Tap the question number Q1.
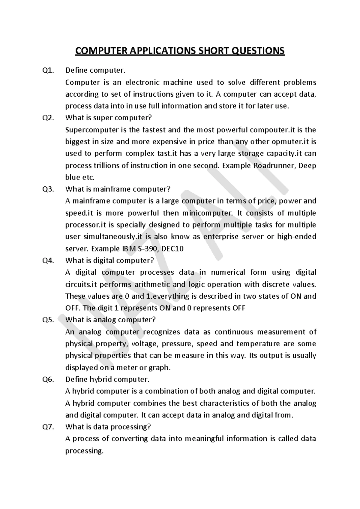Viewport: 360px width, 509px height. pos(49,71)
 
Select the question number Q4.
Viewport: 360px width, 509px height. pos(49,261)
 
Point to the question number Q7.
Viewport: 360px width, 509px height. pos(49,427)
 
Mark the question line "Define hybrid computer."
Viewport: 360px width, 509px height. pos(107,379)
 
